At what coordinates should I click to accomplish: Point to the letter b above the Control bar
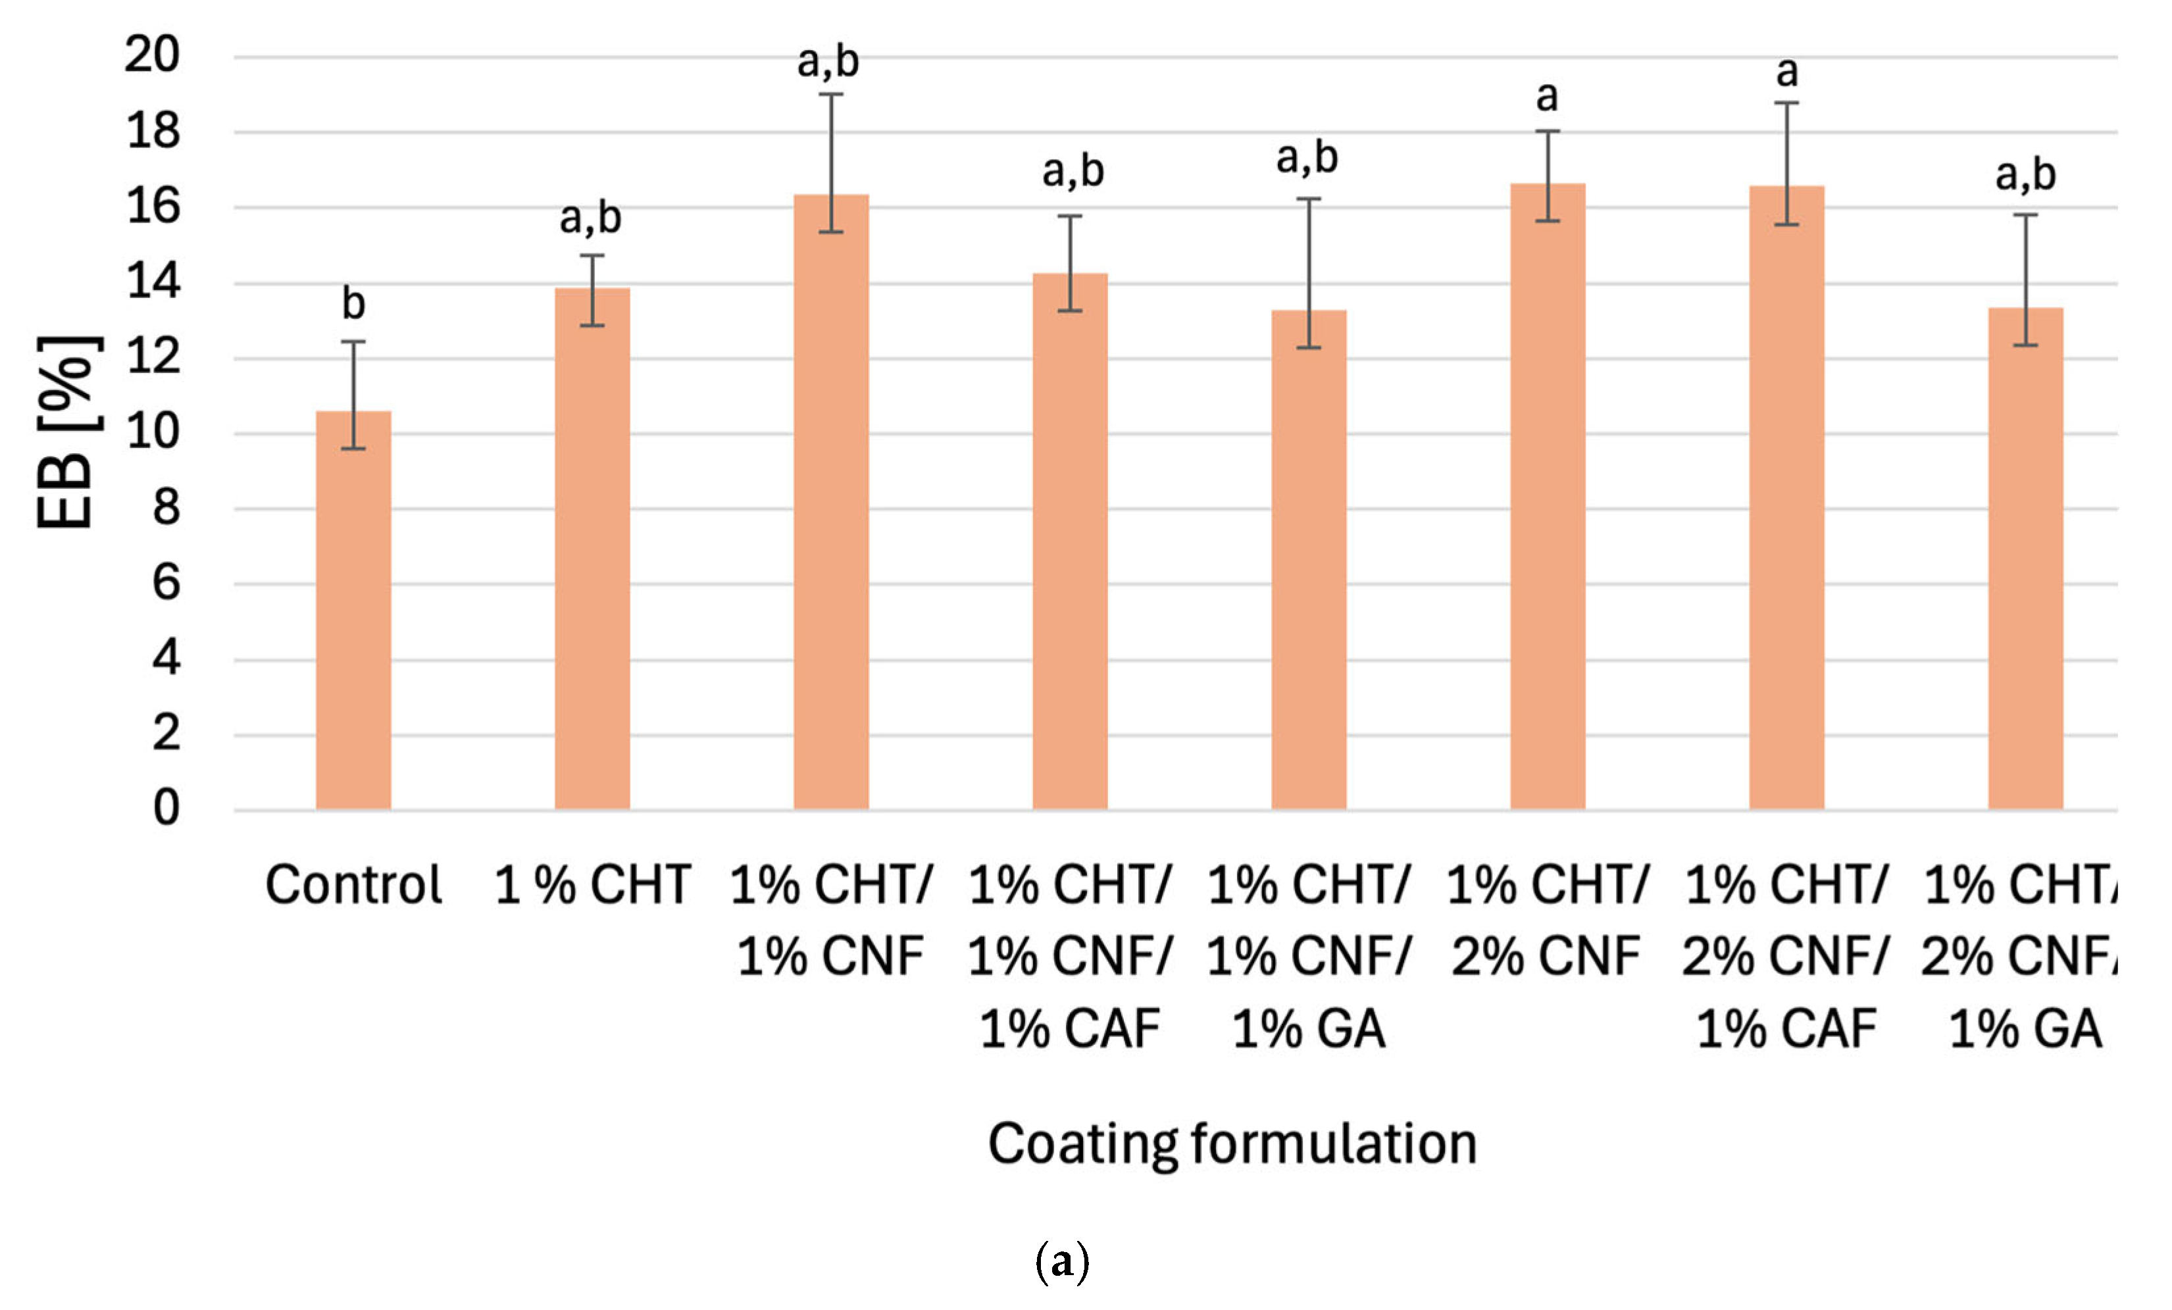353,304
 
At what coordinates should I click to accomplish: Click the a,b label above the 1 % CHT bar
591,218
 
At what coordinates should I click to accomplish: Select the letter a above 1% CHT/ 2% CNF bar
1547,96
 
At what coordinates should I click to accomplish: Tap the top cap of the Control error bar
353,342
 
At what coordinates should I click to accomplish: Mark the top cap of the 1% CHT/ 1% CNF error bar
831,94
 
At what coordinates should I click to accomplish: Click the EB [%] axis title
66,432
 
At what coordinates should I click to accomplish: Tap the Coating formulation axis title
1232,1145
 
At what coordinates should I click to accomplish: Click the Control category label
353,885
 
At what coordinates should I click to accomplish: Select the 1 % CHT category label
592,885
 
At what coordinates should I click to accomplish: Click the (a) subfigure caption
1061,1263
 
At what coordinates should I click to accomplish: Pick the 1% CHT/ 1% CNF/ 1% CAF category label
1069,957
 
